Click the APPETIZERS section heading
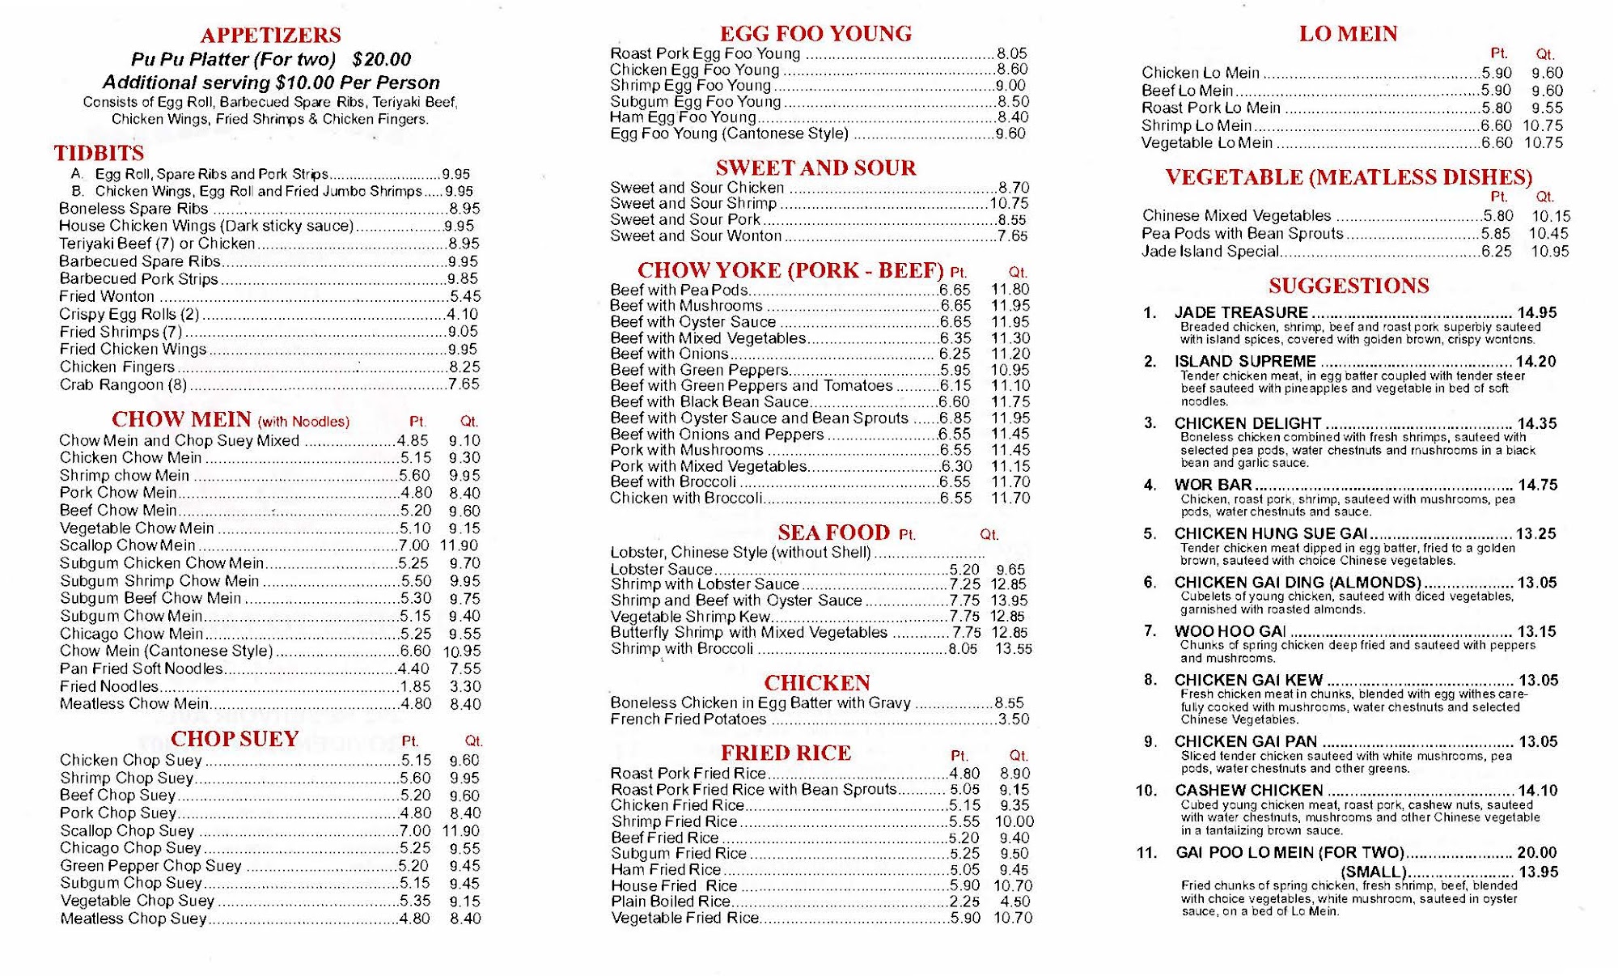pos(270,36)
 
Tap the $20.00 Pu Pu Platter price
pos(382,60)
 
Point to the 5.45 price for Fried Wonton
pos(465,297)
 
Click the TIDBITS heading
pos(99,154)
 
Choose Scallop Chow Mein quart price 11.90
pos(460,545)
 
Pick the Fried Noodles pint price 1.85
pos(416,686)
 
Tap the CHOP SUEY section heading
pos(235,739)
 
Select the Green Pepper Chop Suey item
pos(150,866)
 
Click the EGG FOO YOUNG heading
pos(815,34)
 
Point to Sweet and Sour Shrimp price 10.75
pos(1009,204)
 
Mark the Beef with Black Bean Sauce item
pos(709,402)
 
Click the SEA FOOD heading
pos(833,533)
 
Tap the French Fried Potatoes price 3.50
pos(1013,719)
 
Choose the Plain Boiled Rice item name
pos(671,902)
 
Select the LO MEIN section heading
pos(1348,34)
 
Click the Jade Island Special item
pos(1210,252)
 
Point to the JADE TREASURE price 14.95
pos(1536,313)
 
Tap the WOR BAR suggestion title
pos(1213,485)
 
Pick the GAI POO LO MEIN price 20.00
pos(1536,853)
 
